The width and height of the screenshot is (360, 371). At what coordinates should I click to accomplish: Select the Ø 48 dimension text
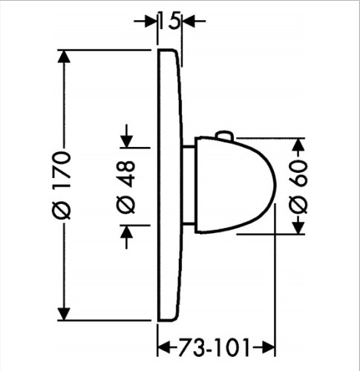coord(127,185)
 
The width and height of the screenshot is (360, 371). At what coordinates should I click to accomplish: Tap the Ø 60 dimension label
coord(300,185)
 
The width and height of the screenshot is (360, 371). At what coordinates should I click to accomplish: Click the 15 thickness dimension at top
coord(171,21)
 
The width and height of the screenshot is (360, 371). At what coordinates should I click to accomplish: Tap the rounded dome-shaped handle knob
coord(245,185)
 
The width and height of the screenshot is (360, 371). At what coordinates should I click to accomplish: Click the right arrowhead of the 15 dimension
coord(189,21)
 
